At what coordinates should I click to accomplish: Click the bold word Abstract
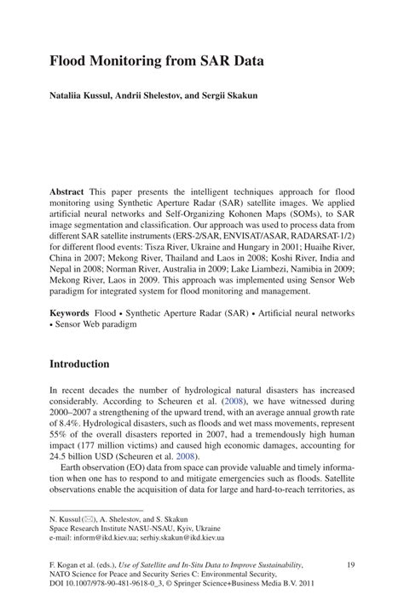pos(67,192)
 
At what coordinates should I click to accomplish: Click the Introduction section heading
pos(79,363)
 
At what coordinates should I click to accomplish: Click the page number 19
pos(350,565)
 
